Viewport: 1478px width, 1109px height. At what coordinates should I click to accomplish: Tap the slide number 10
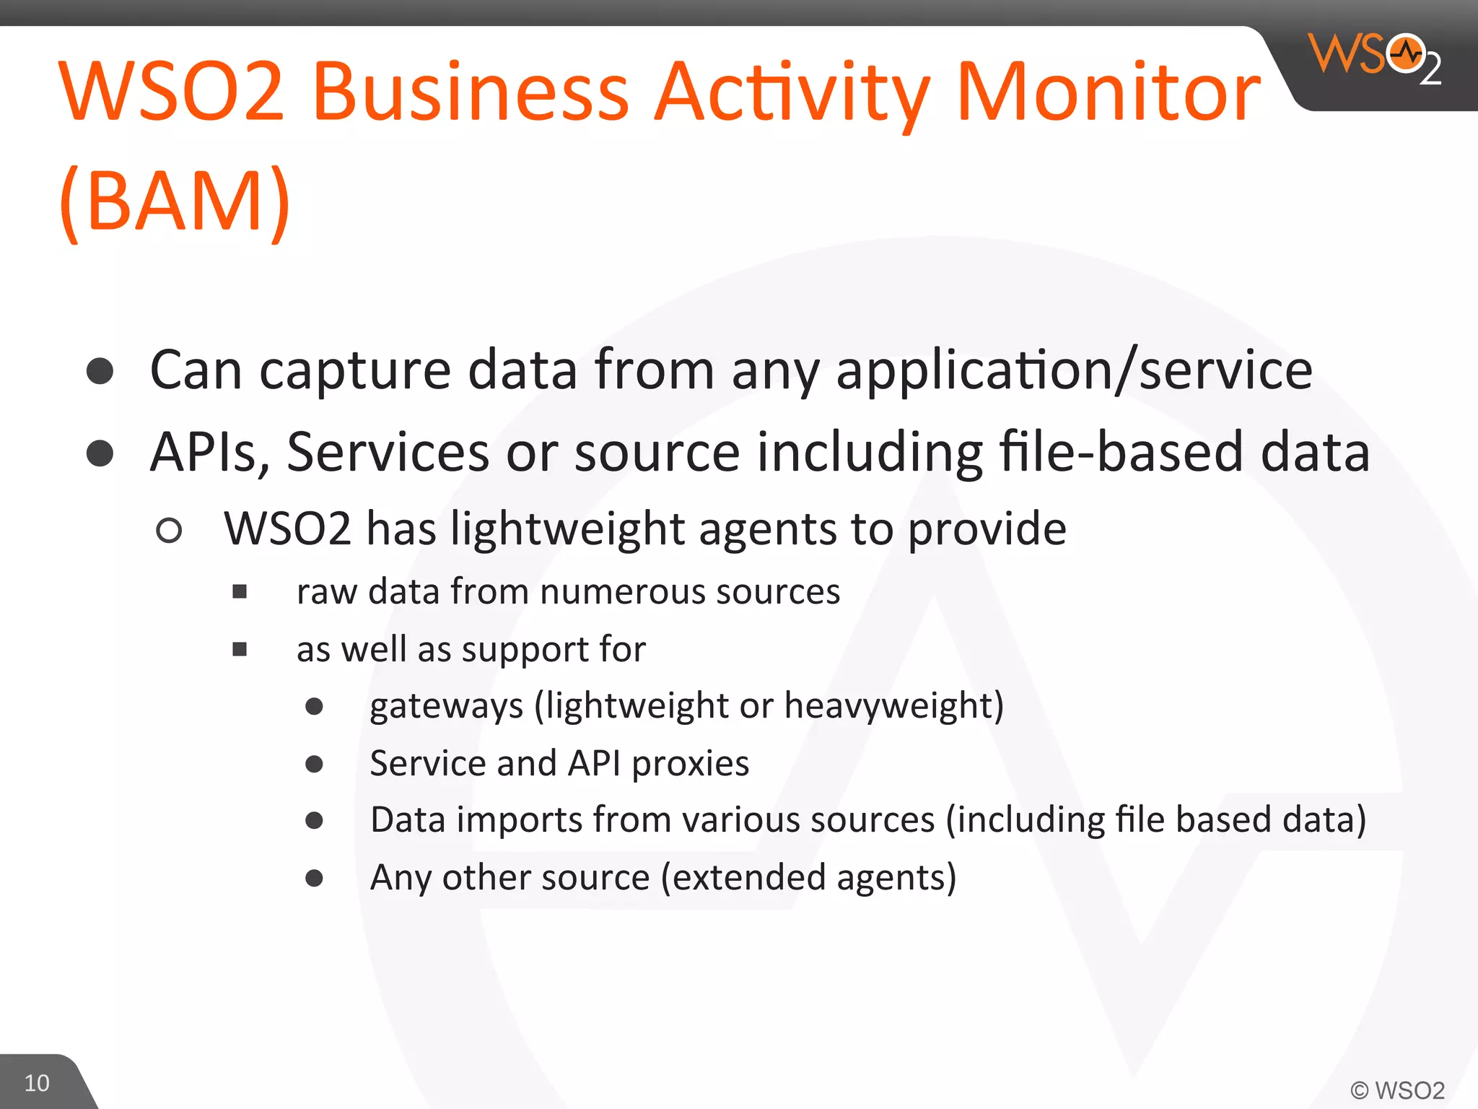37,1083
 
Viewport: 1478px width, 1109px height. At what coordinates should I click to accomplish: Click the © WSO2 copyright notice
1397,1090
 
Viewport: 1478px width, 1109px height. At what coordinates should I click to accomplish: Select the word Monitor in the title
1108,92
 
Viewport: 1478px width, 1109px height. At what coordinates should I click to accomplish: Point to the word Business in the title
471,92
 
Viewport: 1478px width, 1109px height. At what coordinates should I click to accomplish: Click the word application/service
1074,370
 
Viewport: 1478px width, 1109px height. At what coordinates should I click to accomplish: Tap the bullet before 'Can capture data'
100,371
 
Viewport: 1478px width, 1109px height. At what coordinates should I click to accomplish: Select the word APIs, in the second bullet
209,453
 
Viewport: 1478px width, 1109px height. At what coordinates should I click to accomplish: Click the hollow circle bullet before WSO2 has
169,531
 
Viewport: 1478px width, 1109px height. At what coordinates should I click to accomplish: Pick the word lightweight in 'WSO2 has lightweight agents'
567,529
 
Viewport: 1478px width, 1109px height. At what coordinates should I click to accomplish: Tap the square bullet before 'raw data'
240,593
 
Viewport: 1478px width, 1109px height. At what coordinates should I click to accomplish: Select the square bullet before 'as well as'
240,650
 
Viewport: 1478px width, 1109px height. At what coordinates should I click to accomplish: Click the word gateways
446,706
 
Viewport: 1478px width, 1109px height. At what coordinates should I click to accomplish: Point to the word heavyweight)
893,706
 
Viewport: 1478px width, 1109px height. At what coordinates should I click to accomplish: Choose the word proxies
690,764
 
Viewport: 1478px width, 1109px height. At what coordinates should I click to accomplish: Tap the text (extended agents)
808,878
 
